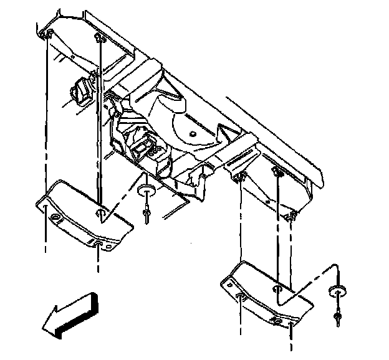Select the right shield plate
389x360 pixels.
pyautogui.click(x=265, y=293)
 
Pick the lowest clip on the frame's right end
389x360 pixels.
pyautogui.click(x=291, y=216)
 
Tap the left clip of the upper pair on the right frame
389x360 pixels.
pyautogui.click(x=240, y=179)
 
